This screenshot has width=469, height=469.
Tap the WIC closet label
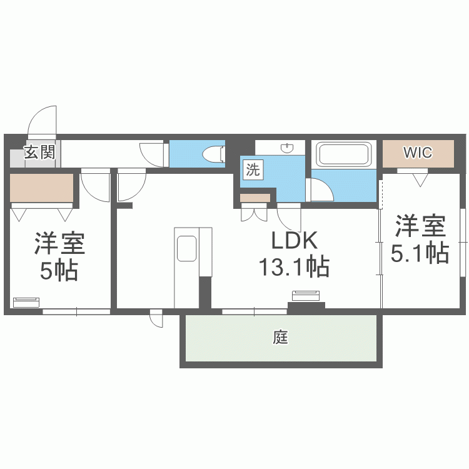coord(418,153)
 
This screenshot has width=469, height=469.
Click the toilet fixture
coord(214,154)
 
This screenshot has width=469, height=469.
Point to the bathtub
coord(343,154)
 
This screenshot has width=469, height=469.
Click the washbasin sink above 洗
coord(287,148)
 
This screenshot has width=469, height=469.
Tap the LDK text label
coord(294,241)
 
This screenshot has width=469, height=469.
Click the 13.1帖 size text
coord(294,267)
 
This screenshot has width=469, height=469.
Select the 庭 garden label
coord(280,338)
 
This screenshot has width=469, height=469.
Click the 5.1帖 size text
coord(420,253)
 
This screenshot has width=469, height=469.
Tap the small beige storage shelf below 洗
coord(255,198)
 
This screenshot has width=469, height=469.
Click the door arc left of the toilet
coord(152,154)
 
